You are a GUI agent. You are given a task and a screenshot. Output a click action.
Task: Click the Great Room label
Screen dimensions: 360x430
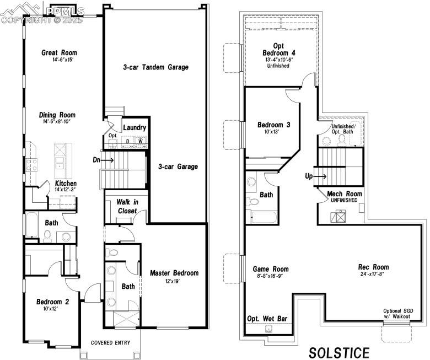click(x=59, y=53)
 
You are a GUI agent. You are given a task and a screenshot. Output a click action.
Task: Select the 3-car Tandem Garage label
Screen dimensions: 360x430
click(x=155, y=67)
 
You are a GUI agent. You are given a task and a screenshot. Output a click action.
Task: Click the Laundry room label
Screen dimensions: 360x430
click(x=135, y=128)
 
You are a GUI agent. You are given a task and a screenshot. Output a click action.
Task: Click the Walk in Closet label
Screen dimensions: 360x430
click(x=127, y=207)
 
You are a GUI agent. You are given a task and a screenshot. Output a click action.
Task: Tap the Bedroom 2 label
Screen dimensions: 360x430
click(x=52, y=302)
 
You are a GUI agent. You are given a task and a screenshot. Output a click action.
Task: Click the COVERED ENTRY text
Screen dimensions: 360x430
click(x=110, y=343)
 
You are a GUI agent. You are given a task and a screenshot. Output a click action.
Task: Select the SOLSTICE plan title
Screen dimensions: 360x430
click(x=338, y=352)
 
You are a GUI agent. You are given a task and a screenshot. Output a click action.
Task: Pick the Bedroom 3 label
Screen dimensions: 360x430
click(x=274, y=125)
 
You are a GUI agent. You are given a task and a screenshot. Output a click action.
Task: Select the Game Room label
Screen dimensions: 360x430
click(x=271, y=269)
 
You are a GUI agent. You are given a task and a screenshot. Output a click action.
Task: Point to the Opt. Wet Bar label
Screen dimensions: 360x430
click(x=267, y=319)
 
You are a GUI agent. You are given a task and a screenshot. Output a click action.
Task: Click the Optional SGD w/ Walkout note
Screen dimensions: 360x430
click(x=396, y=313)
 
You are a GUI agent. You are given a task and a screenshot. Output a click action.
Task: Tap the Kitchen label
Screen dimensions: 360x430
click(x=66, y=183)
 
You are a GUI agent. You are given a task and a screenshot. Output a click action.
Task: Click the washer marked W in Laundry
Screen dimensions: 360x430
click(x=141, y=141)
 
